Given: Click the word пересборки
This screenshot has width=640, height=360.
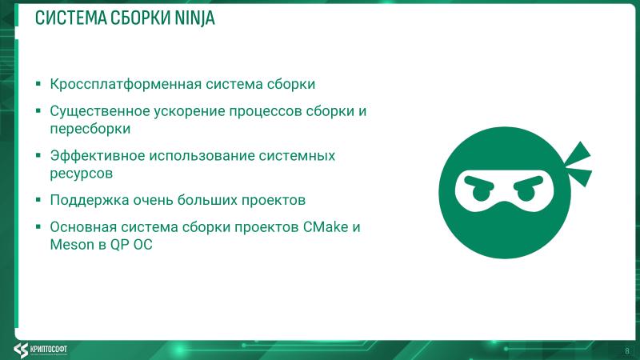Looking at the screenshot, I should (90, 128).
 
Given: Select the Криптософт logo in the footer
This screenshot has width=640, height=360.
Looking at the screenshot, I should (49, 350).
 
